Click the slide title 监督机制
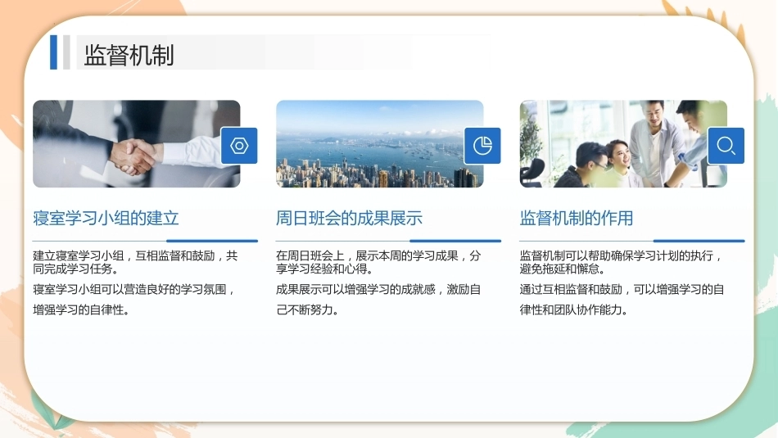129,55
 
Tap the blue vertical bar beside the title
53,52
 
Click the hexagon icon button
239,146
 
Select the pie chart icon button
482,146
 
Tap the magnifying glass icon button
726,146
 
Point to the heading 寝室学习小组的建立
106,218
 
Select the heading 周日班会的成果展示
350,218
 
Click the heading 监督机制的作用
576,218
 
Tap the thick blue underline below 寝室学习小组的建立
212,241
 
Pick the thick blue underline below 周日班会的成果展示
455,241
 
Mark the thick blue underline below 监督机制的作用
699,241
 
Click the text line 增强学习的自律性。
81,310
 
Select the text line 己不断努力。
308,310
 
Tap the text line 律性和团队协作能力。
574,310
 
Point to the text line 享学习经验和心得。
324,269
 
